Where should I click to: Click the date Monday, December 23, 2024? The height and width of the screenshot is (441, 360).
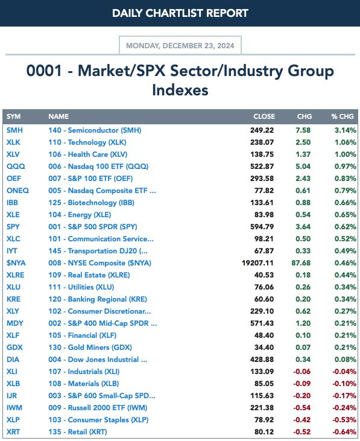tap(180, 46)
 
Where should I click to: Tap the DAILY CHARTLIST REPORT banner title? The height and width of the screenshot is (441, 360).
tap(180, 13)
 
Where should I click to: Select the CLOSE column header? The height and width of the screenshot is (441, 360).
tap(264, 116)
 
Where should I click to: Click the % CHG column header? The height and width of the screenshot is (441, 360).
tap(343, 116)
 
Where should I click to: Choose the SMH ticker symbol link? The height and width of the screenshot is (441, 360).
tap(14, 130)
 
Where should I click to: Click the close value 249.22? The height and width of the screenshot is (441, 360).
tap(262, 130)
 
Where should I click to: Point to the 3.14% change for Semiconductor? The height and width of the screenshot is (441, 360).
tap(346, 130)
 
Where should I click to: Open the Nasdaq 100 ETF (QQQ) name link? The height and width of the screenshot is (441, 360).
tap(98, 167)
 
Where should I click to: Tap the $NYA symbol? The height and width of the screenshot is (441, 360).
tap(16, 263)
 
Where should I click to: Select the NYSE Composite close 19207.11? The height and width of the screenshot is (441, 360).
tap(257, 263)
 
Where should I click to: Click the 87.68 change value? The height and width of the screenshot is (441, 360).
tap(301, 263)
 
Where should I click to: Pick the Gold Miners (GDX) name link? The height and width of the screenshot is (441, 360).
tap(90, 347)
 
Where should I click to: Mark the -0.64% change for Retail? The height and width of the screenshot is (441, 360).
tap(344, 432)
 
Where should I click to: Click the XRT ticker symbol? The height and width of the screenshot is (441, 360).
tap(13, 432)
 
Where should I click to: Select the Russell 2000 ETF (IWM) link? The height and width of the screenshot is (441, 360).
tap(98, 408)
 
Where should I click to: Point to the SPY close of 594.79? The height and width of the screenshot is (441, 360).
tap(262, 227)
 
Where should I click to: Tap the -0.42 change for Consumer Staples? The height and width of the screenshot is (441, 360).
tap(302, 420)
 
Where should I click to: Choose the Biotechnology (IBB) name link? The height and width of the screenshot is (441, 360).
tap(91, 203)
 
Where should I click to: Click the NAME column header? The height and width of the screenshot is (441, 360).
tap(58, 116)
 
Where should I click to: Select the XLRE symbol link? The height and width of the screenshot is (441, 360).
tap(16, 275)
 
